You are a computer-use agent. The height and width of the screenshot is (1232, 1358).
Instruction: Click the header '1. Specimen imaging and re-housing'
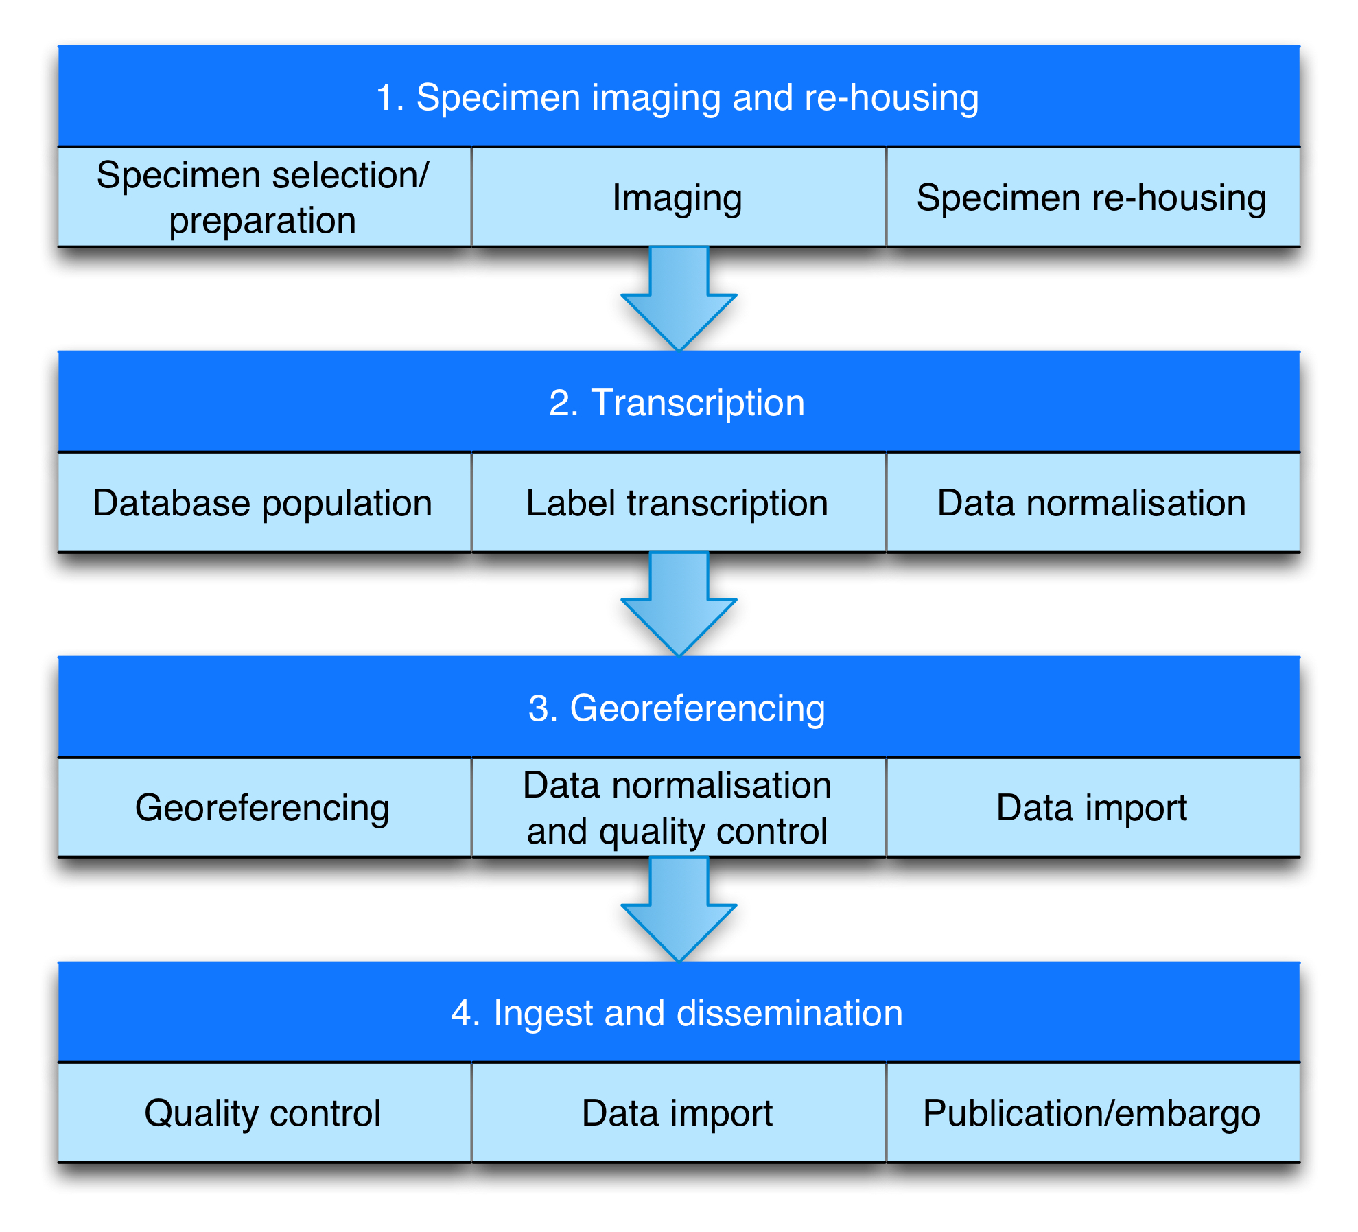[x=679, y=96]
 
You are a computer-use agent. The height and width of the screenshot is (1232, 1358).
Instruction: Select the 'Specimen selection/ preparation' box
[x=265, y=197]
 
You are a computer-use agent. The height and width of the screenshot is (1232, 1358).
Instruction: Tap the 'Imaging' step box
[x=679, y=197]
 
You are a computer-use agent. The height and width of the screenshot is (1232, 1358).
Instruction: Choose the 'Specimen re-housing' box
[x=1093, y=197]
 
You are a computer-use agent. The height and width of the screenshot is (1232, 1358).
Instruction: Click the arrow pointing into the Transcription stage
[x=679, y=299]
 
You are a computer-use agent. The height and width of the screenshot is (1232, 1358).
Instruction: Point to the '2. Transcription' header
[x=679, y=402]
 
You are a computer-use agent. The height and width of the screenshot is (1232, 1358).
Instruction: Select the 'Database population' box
[x=265, y=502]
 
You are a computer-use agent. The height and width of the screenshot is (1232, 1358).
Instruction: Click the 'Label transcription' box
[x=679, y=502]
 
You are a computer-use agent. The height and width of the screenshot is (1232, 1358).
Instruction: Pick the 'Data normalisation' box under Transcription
[x=1093, y=502]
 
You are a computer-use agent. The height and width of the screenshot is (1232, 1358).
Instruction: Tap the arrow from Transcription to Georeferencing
[x=679, y=604]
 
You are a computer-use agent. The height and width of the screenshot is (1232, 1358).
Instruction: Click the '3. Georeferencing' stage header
[x=679, y=707]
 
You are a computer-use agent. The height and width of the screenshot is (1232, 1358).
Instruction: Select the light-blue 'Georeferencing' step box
[x=265, y=807]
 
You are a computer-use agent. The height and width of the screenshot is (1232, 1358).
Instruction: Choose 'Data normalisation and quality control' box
[x=679, y=807]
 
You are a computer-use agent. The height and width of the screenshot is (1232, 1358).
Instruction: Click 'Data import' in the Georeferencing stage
[x=1093, y=807]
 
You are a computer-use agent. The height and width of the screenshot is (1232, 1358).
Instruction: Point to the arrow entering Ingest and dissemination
[x=679, y=909]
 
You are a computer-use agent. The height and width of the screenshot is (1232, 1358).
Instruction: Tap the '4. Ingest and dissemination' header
[x=679, y=1012]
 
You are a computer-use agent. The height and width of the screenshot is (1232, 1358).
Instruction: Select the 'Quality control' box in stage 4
[x=265, y=1113]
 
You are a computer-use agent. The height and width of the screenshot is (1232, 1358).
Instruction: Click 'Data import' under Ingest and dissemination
[x=679, y=1113]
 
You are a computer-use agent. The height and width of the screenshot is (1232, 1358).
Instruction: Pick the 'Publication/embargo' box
[x=1093, y=1113]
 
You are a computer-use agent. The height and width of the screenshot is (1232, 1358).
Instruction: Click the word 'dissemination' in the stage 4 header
[x=790, y=1013]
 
